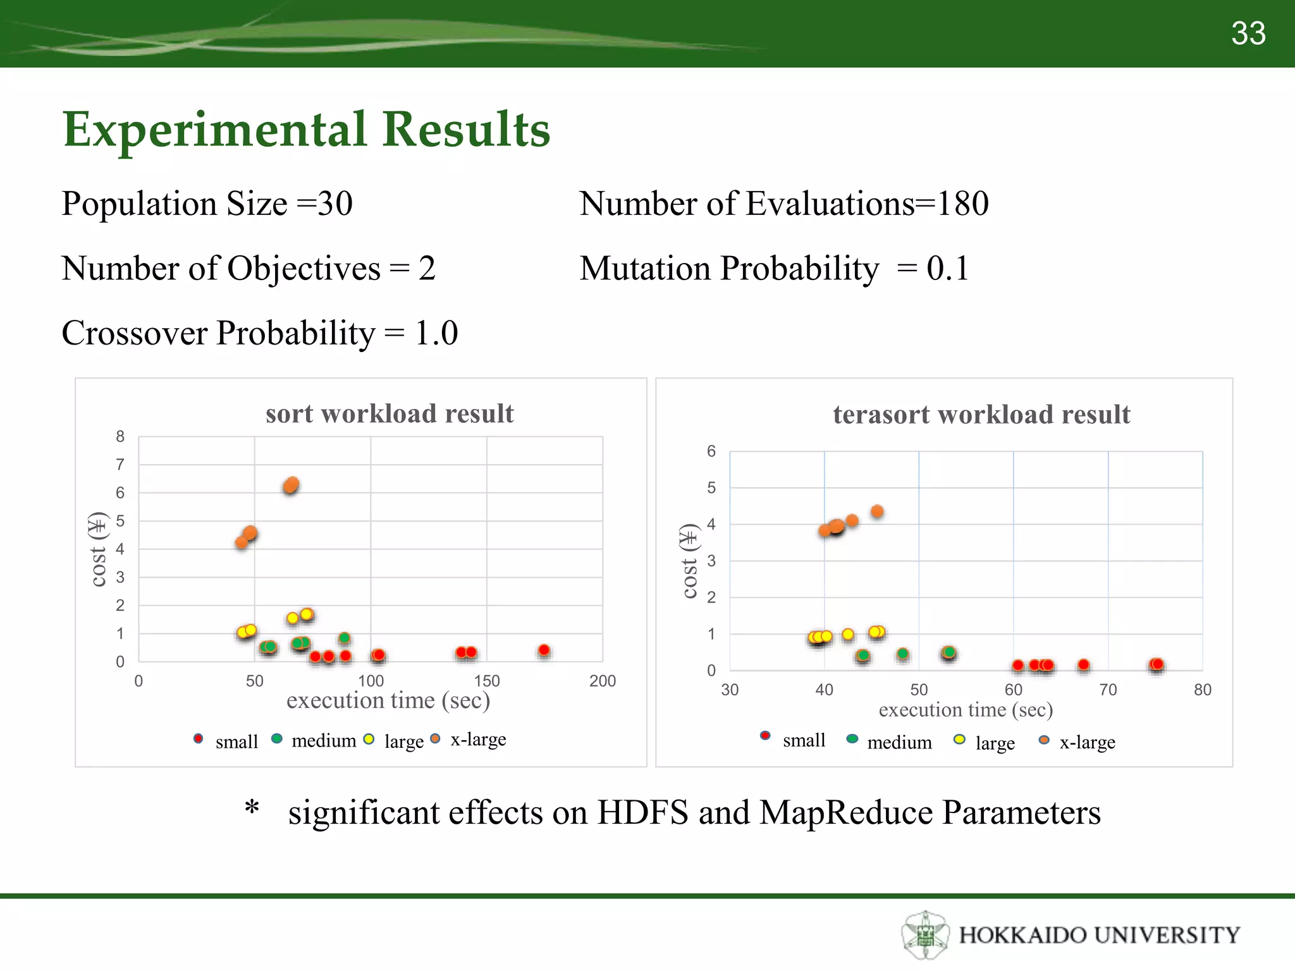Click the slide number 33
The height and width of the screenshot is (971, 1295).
1248,33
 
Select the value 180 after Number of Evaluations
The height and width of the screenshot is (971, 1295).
962,204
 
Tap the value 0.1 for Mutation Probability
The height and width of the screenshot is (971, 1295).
947,268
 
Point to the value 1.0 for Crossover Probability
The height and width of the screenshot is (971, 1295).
436,333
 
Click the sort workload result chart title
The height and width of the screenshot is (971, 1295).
390,413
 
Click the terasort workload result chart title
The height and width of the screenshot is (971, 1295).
981,415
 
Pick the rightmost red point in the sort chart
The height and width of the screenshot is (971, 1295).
544,650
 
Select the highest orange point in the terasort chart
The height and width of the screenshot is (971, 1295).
877,511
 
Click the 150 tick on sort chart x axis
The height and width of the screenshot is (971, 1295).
487,681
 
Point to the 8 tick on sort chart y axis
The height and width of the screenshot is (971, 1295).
120,436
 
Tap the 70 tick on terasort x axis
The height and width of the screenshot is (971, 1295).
1108,690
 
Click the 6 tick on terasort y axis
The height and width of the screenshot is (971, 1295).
711,451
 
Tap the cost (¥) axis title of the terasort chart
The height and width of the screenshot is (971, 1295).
689,561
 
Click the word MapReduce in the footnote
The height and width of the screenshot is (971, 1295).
845,812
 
